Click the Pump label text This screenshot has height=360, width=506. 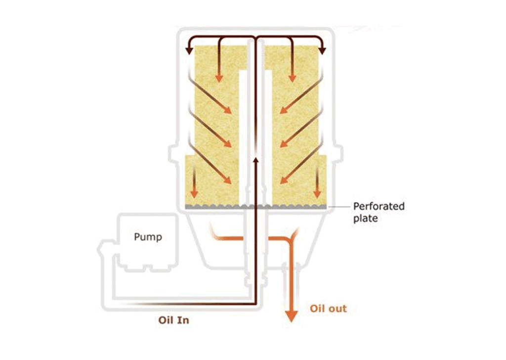148,237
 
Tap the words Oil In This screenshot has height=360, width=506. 173,320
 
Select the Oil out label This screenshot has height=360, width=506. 328,309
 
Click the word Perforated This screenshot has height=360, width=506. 379,206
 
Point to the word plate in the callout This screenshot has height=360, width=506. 365,218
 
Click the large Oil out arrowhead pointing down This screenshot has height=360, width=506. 292,316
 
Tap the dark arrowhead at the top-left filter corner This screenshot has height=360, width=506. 189,50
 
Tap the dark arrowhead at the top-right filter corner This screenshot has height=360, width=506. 322,50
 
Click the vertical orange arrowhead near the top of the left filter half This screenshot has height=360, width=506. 219,78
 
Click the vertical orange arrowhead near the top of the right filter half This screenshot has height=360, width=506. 293,78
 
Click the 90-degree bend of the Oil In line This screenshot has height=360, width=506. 256,304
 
